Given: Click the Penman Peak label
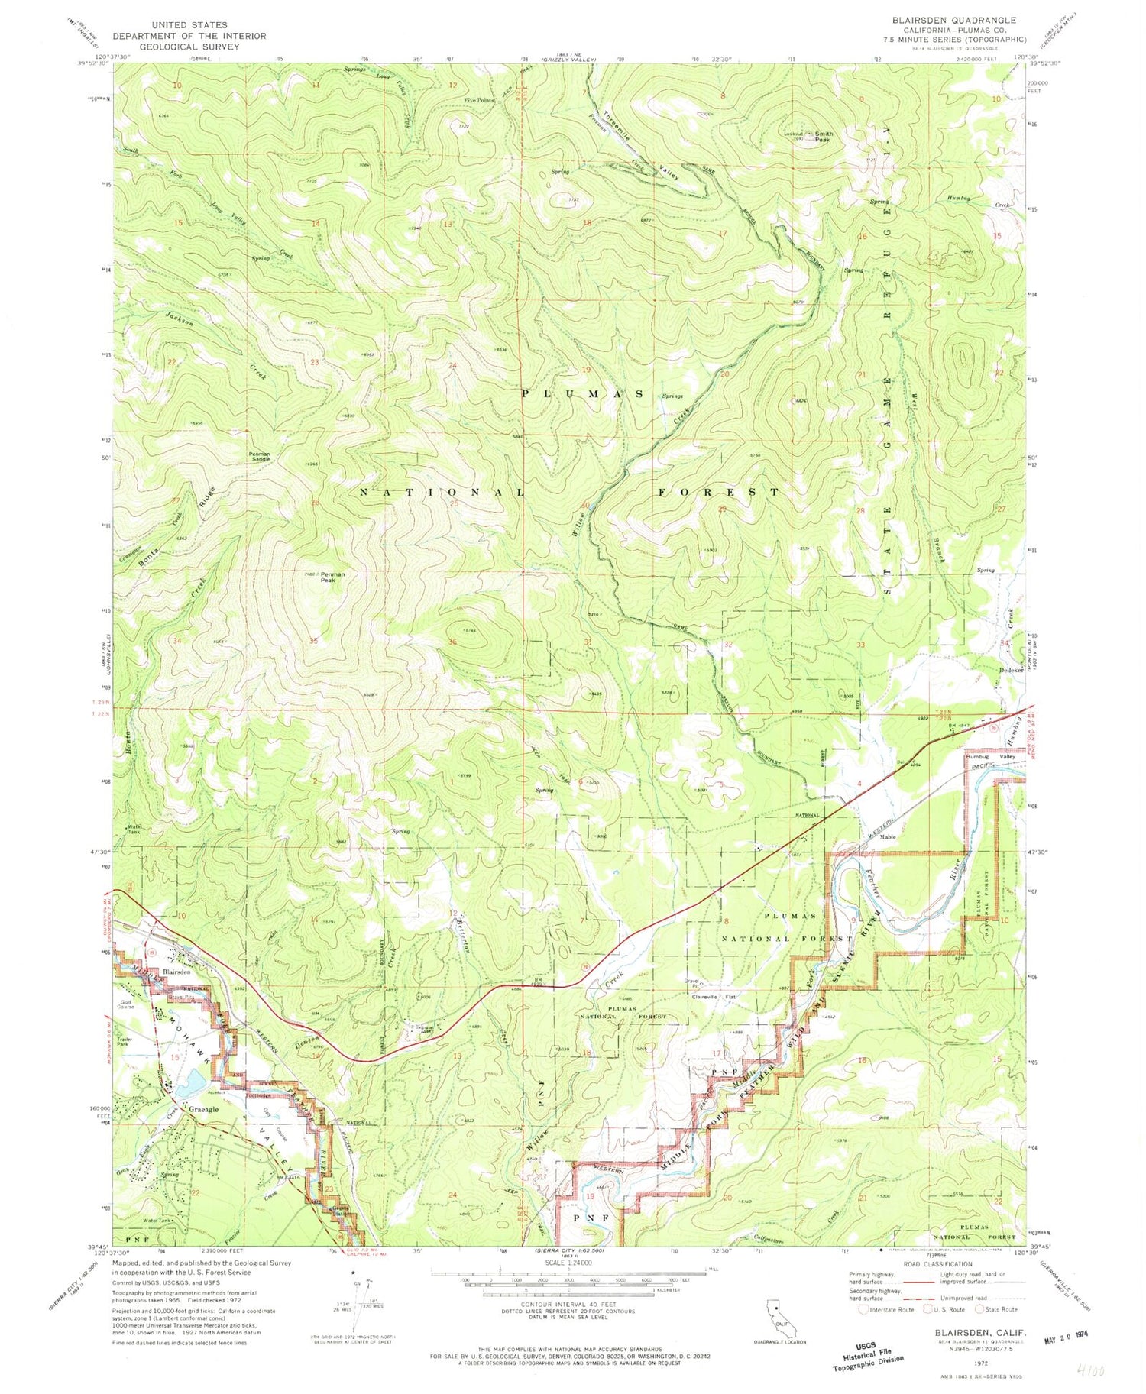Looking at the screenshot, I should tap(332, 577).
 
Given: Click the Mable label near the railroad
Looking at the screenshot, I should tap(887, 836).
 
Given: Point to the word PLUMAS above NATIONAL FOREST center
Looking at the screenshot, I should tap(582, 393).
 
